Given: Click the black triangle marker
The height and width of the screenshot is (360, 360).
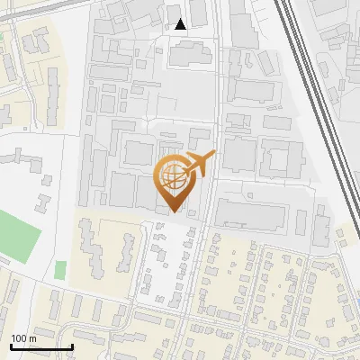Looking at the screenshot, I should pos(181,24).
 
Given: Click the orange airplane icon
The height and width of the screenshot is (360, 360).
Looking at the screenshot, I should pos(198,165).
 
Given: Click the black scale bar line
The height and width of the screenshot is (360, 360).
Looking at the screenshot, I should pos(41,346).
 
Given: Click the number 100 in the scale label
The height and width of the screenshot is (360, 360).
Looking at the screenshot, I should pos(20,338).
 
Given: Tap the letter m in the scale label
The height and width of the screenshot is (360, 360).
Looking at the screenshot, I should pos(33,338).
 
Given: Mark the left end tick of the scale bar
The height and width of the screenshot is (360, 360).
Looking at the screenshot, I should pos(11,345).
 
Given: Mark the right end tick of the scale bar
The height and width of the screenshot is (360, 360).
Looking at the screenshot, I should pos(72,345).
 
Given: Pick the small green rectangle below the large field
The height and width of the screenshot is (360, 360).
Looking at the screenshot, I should pos(60,269).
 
